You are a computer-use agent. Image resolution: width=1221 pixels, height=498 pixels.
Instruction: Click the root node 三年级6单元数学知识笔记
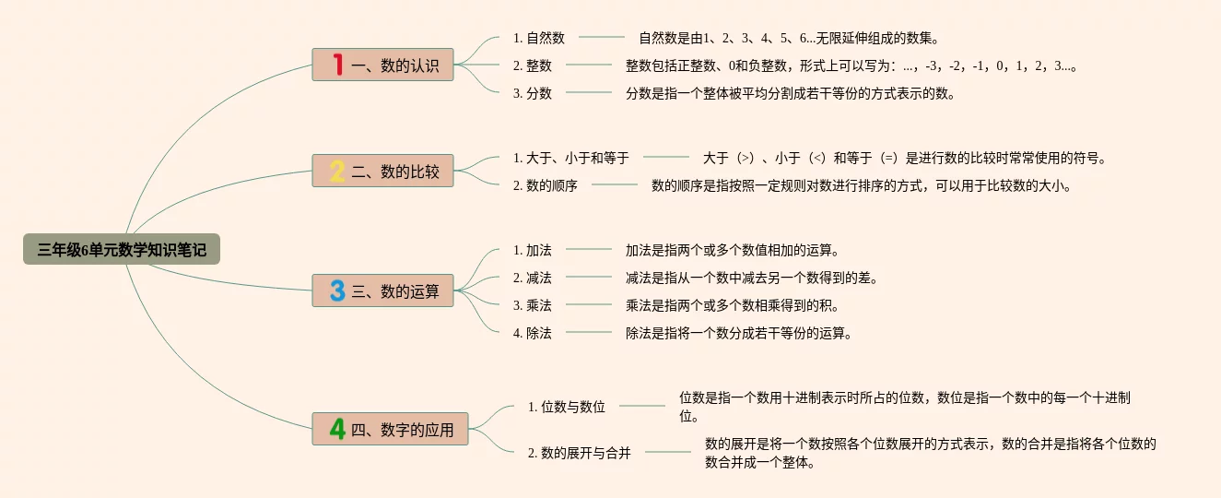point(122,249)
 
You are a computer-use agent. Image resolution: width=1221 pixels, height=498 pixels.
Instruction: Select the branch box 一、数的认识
point(382,65)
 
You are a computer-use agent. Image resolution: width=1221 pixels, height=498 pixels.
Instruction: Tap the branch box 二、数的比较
point(382,171)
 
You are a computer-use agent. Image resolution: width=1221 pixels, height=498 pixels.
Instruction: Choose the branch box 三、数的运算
point(382,290)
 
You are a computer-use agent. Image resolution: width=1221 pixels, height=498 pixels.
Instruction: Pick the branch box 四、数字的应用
point(390,429)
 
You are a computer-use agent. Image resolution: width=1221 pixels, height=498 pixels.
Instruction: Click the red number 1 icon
point(337,65)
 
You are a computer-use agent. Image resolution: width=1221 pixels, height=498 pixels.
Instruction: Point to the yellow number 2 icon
point(337,171)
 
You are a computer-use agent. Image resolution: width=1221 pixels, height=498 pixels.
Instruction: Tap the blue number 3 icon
point(337,290)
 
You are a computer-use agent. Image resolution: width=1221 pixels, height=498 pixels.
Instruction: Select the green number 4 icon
point(337,429)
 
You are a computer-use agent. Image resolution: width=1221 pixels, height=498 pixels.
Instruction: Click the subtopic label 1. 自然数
point(539,38)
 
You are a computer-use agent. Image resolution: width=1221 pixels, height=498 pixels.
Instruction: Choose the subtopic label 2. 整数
point(533,65)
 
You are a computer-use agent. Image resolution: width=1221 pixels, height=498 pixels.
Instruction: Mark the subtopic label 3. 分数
point(533,93)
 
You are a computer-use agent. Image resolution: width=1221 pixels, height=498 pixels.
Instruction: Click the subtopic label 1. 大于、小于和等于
point(571,158)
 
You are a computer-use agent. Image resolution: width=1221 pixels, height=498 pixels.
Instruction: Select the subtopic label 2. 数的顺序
point(546,185)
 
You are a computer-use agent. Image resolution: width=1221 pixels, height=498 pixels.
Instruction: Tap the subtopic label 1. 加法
point(533,250)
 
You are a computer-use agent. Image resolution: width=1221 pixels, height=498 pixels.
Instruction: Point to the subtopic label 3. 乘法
point(533,305)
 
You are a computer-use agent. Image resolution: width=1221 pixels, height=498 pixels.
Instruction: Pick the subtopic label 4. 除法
point(533,333)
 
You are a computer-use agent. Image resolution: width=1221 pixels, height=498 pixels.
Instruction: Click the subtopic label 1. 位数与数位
point(567,407)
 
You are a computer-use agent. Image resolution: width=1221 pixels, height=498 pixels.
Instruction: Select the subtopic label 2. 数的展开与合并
point(580,453)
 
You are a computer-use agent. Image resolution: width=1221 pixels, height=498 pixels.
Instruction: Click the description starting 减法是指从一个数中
point(752,278)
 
